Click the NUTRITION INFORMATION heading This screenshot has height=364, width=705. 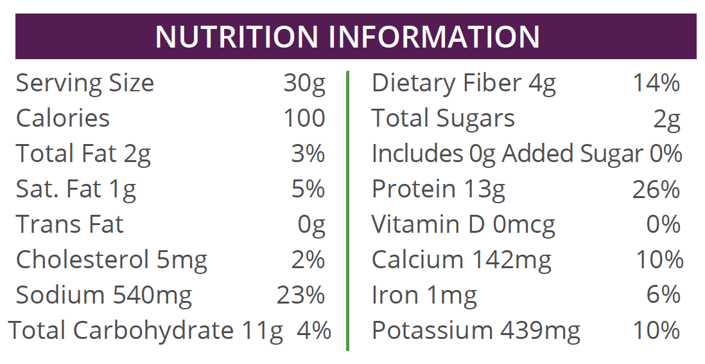(x=347, y=37)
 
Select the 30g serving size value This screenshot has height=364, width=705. (x=304, y=84)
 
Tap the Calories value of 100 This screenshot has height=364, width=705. (x=304, y=118)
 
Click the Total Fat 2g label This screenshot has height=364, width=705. (x=83, y=154)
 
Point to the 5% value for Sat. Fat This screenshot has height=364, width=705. (x=308, y=189)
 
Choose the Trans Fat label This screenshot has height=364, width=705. (x=69, y=224)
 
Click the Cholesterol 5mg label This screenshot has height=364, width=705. (x=112, y=260)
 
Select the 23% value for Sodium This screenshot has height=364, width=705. (x=301, y=295)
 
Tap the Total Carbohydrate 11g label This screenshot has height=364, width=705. (x=146, y=331)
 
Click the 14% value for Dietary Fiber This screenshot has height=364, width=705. (x=656, y=84)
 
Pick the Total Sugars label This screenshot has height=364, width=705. (x=443, y=118)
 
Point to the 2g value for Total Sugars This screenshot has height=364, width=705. (x=667, y=119)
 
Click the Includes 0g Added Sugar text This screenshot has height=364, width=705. (x=508, y=154)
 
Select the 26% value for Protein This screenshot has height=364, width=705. (x=656, y=189)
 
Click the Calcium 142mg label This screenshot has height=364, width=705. (x=461, y=260)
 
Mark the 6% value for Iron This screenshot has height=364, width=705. (x=663, y=295)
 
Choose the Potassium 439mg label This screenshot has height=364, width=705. (x=476, y=331)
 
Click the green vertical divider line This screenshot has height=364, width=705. (x=347, y=212)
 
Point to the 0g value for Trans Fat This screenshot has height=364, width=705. (x=311, y=225)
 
